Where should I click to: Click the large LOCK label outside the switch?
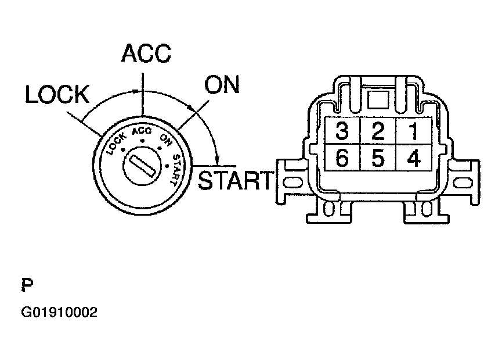[57, 95]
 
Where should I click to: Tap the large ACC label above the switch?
[146, 53]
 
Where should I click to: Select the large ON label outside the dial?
[222, 85]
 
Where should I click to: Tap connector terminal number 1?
[414, 131]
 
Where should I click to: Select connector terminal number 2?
[378, 131]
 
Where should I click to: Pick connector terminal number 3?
[342, 131]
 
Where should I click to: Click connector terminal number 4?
[414, 158]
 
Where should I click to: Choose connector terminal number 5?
[378, 158]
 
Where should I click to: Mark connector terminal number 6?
[342, 158]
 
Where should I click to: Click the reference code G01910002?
[59, 312]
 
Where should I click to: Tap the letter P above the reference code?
[27, 285]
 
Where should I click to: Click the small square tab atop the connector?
[378, 100]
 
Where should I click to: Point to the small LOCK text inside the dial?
[117, 144]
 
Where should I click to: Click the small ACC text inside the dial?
[142, 131]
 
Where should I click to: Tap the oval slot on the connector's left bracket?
[293, 183]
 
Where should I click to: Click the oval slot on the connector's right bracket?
[463, 183]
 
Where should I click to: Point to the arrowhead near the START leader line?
[218, 159]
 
